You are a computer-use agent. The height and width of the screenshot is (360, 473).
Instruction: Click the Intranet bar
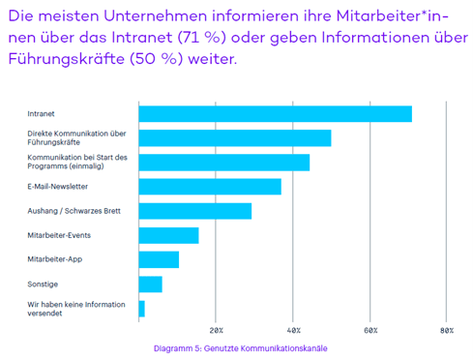(x=275, y=114)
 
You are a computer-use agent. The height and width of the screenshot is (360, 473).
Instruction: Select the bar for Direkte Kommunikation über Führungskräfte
(x=235, y=137)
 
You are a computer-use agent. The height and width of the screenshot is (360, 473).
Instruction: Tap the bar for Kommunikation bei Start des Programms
(x=224, y=162)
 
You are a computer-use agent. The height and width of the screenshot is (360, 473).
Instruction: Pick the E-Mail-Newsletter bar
(x=210, y=186)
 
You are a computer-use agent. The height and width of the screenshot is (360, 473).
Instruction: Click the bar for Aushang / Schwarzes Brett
(x=195, y=211)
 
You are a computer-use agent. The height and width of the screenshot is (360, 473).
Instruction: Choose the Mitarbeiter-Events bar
(x=168, y=235)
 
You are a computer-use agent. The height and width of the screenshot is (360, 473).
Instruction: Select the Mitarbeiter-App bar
(x=159, y=259)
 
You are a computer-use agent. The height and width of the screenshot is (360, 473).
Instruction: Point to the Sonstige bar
(x=151, y=284)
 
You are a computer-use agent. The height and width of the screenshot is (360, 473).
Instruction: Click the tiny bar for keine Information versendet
(x=142, y=309)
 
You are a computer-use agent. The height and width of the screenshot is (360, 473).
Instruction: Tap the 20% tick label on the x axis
(x=216, y=331)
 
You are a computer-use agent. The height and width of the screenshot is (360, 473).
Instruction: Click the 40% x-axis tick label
(x=293, y=331)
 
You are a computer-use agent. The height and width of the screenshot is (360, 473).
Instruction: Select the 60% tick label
(x=370, y=331)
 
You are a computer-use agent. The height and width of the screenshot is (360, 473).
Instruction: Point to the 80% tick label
(x=446, y=331)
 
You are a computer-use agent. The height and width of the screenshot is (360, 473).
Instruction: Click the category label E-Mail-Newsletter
(x=59, y=186)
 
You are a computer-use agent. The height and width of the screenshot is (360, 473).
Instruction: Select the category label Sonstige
(x=43, y=284)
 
